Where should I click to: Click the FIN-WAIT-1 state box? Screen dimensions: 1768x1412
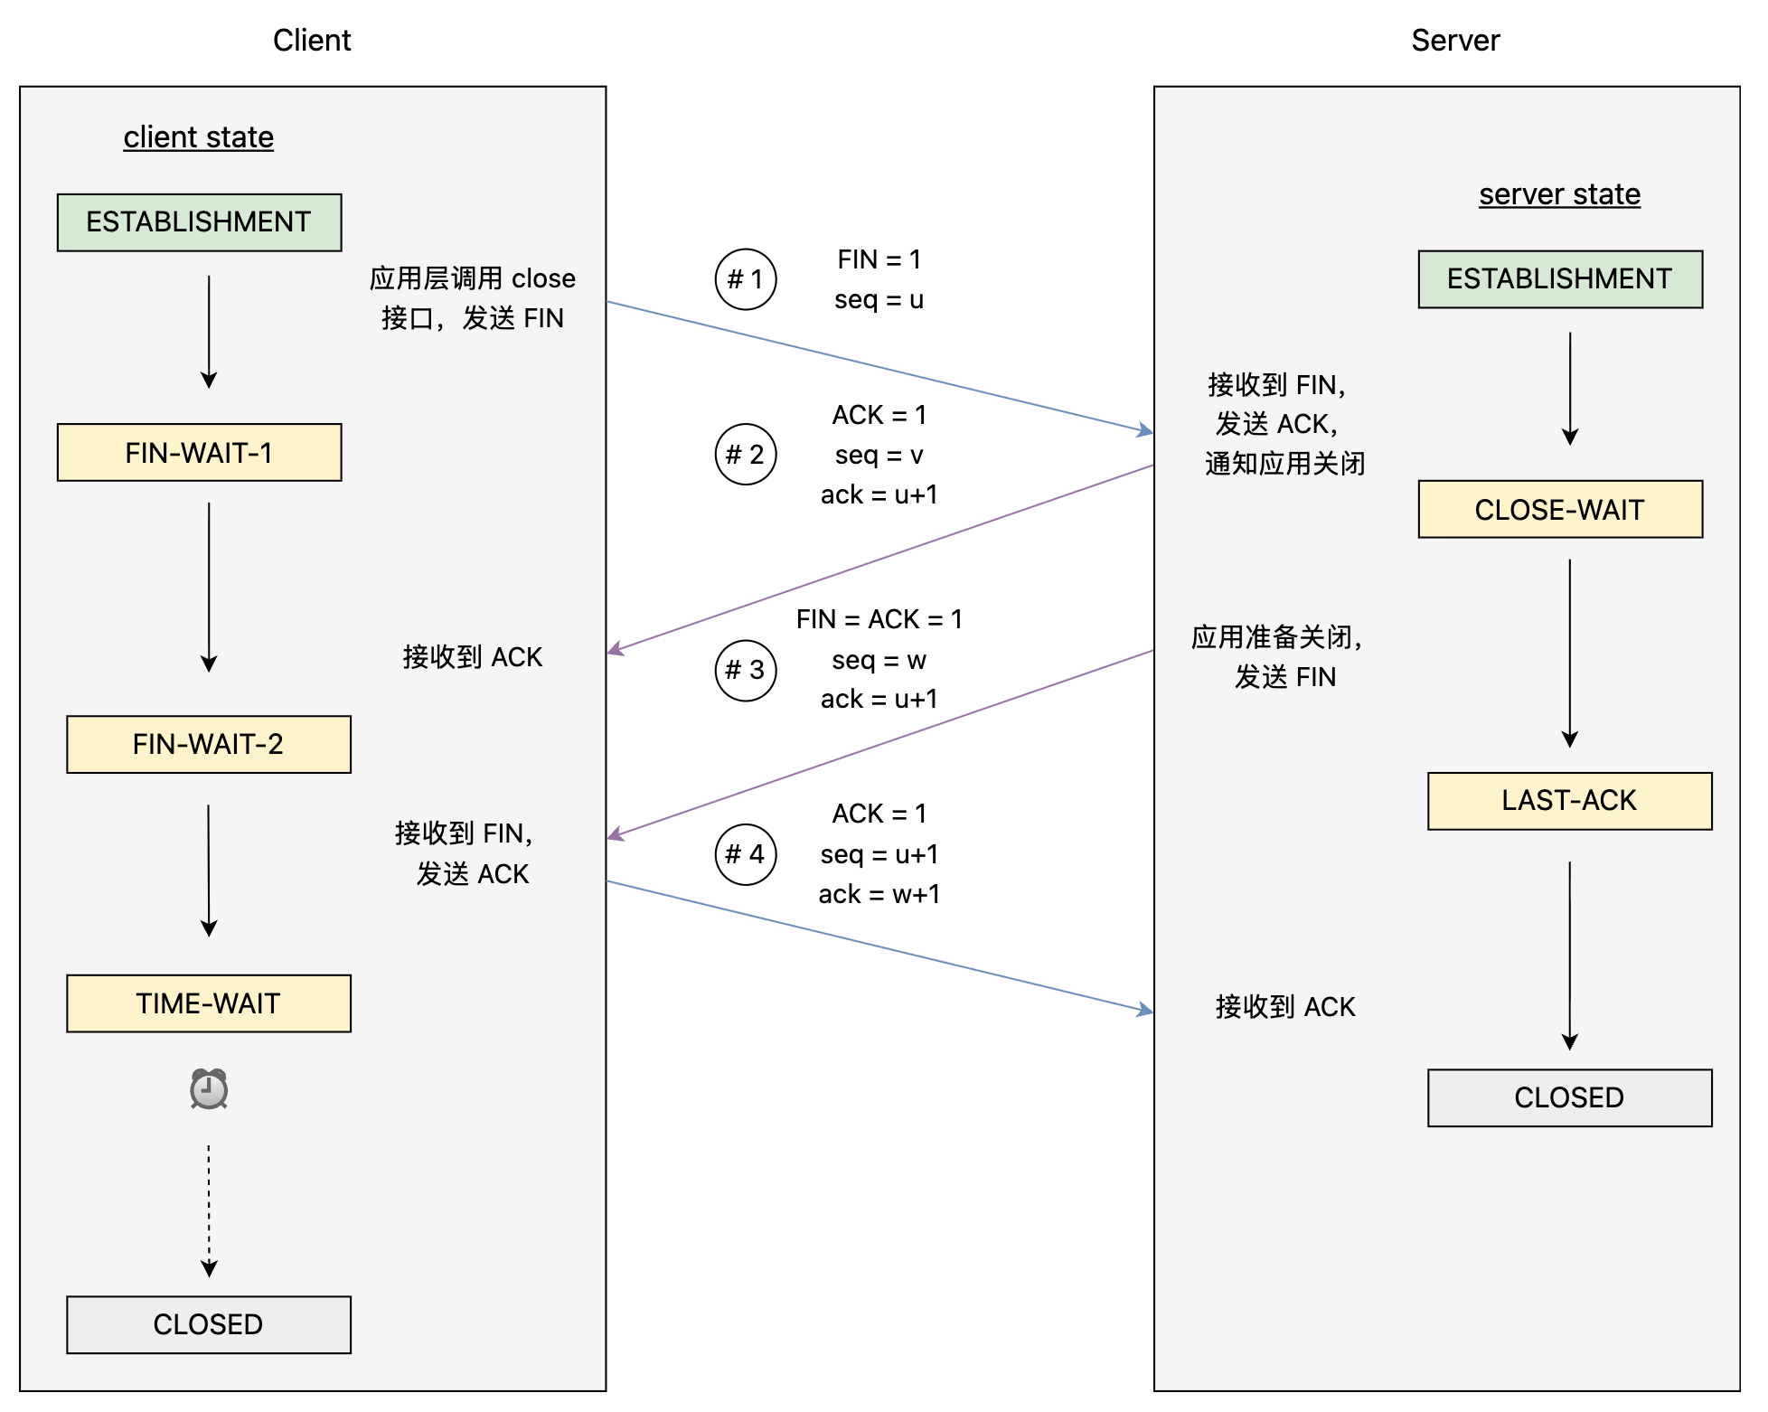(x=200, y=452)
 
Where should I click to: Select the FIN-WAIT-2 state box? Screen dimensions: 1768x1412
(x=209, y=744)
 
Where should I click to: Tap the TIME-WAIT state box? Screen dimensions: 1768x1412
(x=209, y=1003)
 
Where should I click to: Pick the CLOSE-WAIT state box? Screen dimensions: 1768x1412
(x=1560, y=509)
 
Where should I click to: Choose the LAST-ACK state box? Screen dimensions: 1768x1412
(x=1570, y=801)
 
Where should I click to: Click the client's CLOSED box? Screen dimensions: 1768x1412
(x=209, y=1324)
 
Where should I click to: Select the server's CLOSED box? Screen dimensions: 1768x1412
(x=1570, y=1097)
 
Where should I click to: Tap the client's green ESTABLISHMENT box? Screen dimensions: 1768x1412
(x=200, y=222)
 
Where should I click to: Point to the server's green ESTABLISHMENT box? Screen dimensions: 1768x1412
(x=1560, y=279)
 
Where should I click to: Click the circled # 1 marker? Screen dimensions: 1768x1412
(x=746, y=279)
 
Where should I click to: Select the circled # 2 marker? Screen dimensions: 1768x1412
(x=746, y=454)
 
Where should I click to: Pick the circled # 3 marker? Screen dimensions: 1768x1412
(x=746, y=670)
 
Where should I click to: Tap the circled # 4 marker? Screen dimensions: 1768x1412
(x=746, y=854)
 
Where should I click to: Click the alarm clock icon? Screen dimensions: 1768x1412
(x=209, y=1088)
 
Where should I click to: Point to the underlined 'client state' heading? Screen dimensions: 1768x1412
(x=199, y=137)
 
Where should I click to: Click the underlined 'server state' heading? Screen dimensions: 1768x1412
(x=1559, y=194)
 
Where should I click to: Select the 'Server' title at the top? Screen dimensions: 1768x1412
(x=1455, y=41)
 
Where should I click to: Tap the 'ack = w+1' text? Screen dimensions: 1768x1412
(x=879, y=894)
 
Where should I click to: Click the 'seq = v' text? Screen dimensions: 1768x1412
(x=879, y=455)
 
